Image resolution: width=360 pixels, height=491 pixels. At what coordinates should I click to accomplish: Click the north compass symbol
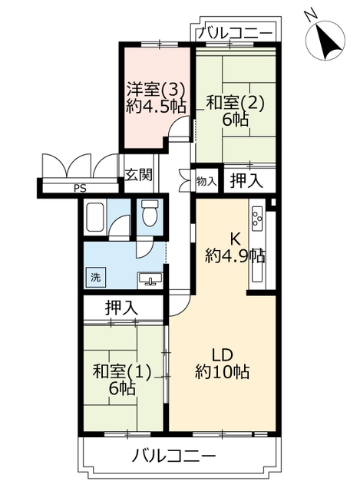click(325, 40)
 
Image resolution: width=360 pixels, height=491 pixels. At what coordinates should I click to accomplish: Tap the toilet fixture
click(150, 213)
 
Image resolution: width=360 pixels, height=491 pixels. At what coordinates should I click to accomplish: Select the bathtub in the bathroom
click(94, 217)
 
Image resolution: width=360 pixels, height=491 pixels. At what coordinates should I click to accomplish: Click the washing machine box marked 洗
click(95, 277)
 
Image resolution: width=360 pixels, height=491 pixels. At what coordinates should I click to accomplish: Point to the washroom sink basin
click(150, 278)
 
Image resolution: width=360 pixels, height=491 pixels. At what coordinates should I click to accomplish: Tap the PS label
click(80, 189)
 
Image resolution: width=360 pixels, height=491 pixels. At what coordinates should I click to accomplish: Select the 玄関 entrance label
click(139, 174)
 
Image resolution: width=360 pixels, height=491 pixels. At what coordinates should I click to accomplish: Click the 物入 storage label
click(206, 180)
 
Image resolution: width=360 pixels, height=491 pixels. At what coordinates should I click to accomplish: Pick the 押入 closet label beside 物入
click(246, 181)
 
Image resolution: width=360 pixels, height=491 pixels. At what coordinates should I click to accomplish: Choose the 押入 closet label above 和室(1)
click(121, 308)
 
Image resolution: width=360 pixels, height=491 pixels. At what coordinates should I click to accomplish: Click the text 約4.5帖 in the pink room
click(156, 107)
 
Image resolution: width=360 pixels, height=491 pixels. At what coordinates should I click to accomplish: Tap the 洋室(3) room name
click(155, 90)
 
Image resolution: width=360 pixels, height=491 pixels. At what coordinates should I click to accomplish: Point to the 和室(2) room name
click(236, 103)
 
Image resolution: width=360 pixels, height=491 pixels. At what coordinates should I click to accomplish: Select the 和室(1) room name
click(122, 372)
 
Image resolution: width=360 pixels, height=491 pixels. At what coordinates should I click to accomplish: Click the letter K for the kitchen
click(236, 240)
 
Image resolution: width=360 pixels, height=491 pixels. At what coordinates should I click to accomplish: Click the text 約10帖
click(222, 372)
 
